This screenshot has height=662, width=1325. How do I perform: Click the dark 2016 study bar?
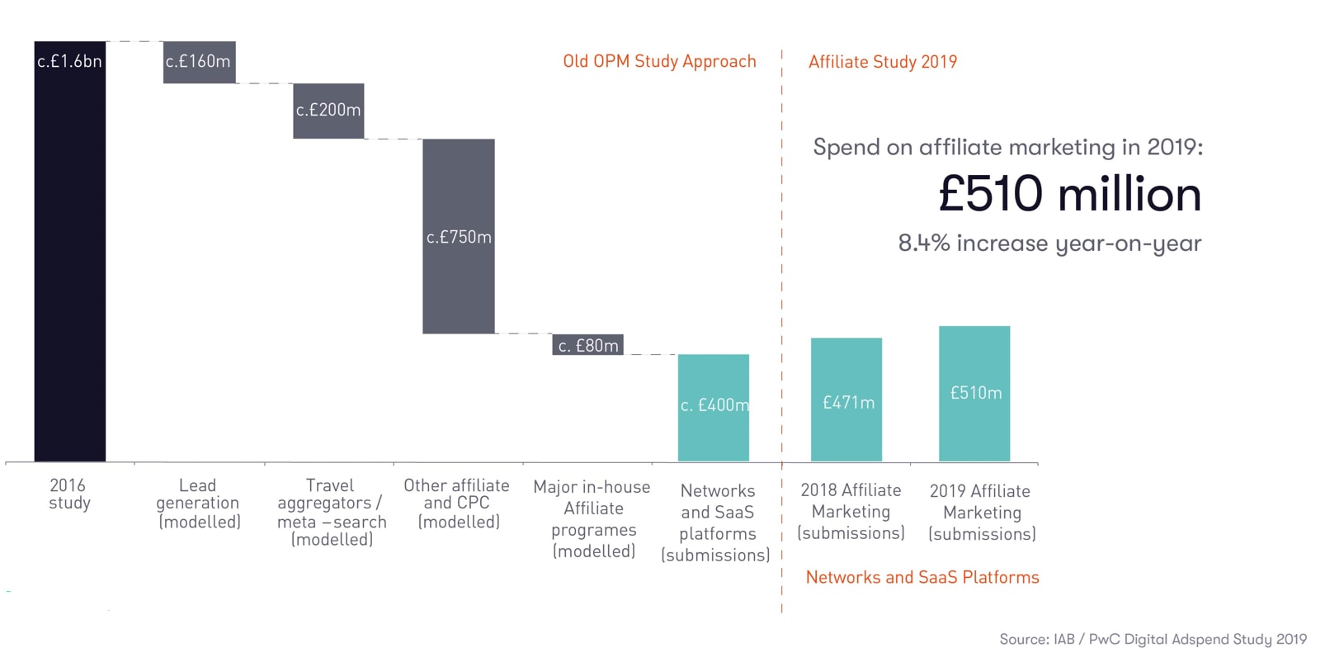69,251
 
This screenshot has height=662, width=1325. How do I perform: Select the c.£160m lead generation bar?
199,62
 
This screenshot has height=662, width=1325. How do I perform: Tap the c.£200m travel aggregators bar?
328,111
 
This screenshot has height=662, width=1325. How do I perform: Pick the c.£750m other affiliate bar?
459,236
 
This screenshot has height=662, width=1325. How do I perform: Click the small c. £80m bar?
587,345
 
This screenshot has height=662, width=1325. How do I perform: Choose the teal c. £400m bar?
714,407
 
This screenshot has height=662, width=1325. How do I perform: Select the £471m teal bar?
846,400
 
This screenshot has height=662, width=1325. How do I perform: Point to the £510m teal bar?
974,393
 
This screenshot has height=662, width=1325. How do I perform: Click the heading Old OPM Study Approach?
659,62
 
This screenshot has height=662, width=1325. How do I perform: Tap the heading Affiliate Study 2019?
883,62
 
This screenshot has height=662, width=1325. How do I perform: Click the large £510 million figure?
1069,195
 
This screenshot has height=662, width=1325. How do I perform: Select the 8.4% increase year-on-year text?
1049,244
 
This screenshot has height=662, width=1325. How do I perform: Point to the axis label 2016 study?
68,494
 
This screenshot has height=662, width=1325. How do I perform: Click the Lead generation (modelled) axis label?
199,504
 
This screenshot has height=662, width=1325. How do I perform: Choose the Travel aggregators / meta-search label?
331,513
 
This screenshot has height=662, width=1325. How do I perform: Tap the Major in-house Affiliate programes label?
592,519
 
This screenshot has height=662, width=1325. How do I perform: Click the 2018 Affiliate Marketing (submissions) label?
851,512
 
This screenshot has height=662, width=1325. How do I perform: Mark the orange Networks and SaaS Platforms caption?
922,578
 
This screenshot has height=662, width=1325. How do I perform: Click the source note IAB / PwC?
1153,640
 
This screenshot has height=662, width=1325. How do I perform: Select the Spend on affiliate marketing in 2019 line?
1007,148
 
